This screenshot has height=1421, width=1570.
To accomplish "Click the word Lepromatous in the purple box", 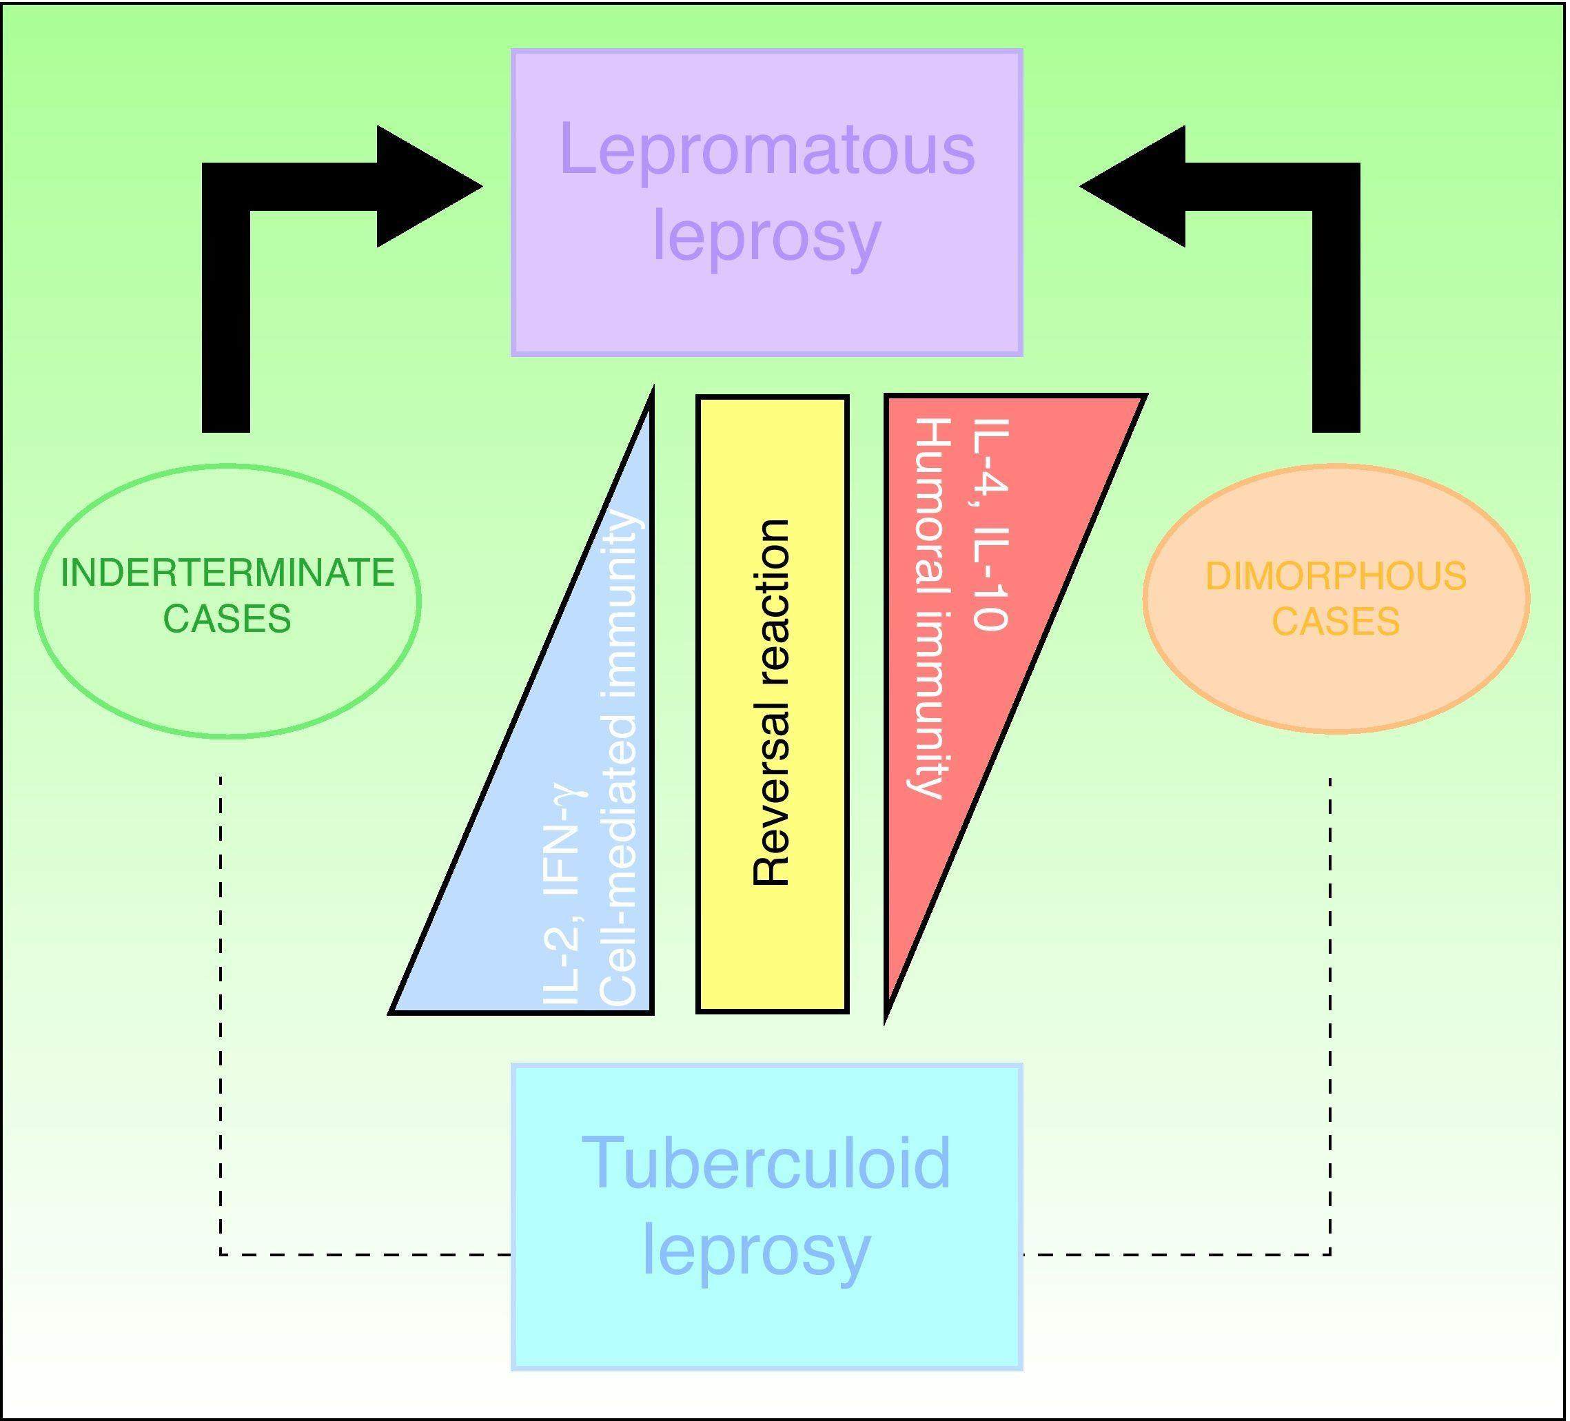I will point(767,150).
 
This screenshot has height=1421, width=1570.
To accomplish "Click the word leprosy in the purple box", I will point(767,235).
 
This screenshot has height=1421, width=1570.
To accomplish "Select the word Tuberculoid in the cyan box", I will point(767,1163).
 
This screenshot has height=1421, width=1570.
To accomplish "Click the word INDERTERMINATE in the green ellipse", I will point(227,574).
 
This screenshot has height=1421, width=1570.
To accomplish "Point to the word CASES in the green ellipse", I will point(227,619).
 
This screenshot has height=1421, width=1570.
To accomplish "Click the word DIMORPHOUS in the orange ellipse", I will point(1336,577).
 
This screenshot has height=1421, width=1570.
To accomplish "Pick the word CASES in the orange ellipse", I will point(1336,622).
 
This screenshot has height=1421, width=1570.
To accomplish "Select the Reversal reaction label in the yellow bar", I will point(772,702).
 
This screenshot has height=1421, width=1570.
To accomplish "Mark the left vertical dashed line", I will point(221,1012).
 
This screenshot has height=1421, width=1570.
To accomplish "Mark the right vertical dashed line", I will point(1329,1012).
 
